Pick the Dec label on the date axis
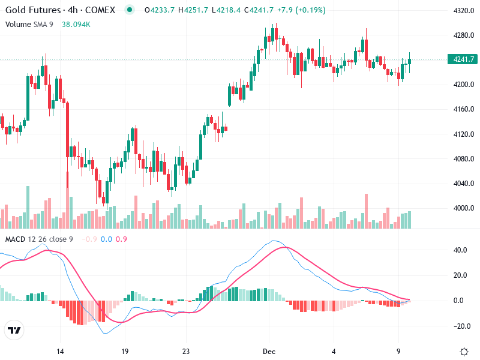click(269, 352)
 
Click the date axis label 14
click(59, 352)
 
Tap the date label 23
click(186, 352)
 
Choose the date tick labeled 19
click(125, 352)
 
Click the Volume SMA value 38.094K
click(76, 24)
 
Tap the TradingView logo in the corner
click(14, 331)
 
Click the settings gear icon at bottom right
click(464, 352)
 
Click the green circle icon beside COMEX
click(130, 10)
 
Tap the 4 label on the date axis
click(334, 352)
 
